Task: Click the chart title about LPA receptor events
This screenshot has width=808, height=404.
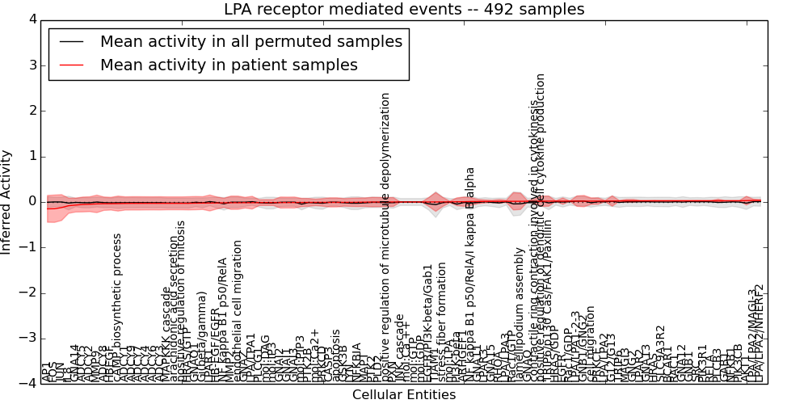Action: [x=404, y=10]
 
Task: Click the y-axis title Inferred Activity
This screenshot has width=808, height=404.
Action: [x=6, y=202]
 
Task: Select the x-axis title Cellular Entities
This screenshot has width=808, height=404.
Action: [x=404, y=395]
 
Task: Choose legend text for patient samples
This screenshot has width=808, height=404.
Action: [x=229, y=65]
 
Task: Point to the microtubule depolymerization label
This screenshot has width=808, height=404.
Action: [x=386, y=234]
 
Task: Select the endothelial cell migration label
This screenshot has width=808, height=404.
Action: [x=238, y=311]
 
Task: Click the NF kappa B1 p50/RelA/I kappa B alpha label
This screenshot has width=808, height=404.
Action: [x=471, y=275]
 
